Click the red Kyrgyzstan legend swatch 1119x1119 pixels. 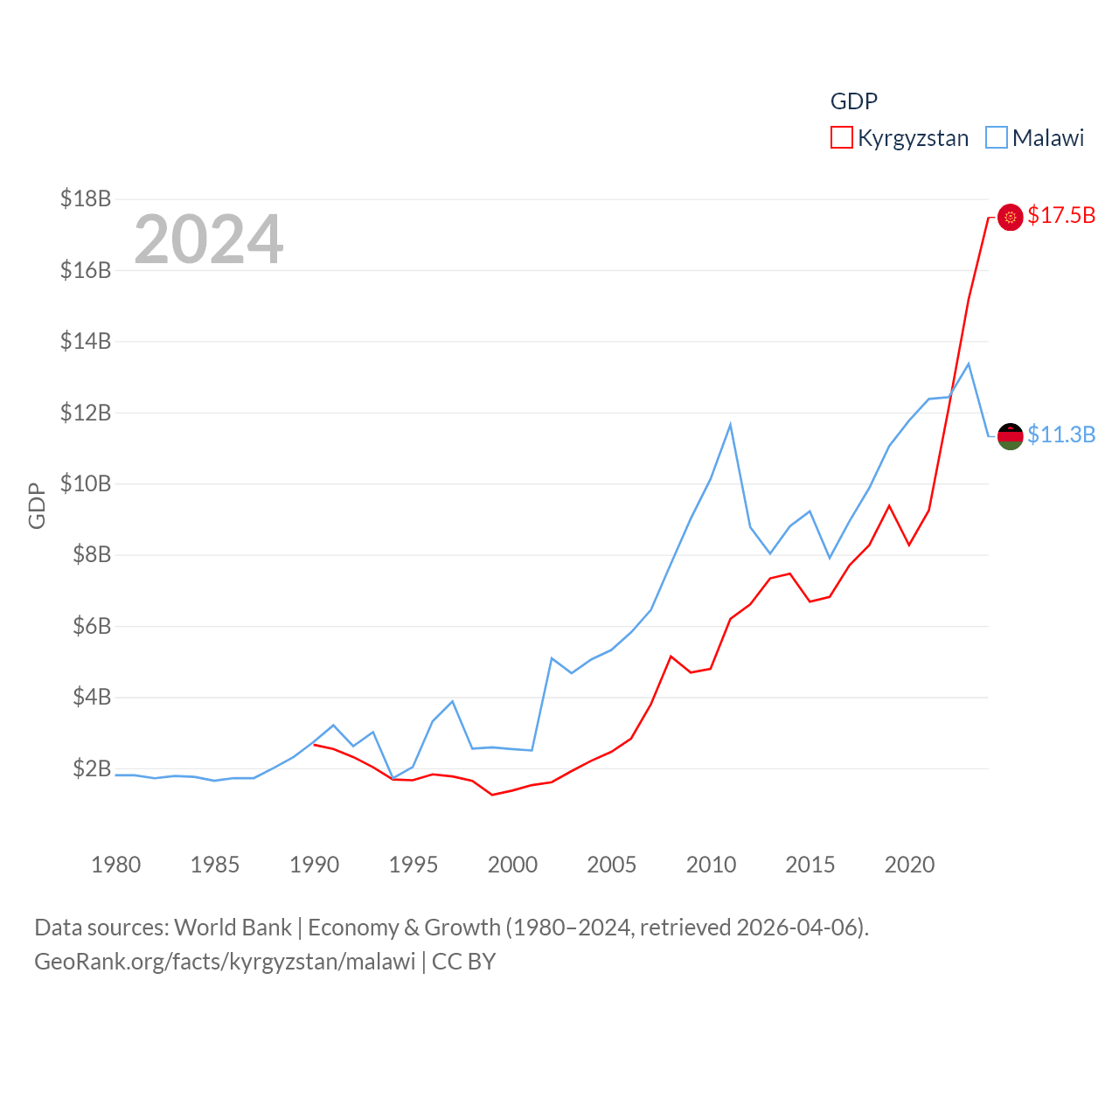click(841, 138)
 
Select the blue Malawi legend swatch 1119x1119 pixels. click(996, 138)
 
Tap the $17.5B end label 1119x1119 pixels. click(1061, 215)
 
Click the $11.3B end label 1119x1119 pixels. click(1061, 434)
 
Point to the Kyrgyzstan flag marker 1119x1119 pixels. click(1010, 217)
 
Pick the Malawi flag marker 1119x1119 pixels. click(1010, 436)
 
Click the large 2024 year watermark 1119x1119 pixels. click(209, 239)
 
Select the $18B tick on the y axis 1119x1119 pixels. click(86, 199)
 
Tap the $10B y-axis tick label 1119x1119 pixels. click(86, 483)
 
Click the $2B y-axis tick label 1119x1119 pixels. click(92, 768)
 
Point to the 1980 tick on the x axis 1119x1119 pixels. click(115, 865)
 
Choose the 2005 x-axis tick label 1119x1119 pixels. click(611, 865)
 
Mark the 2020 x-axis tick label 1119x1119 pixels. click(909, 865)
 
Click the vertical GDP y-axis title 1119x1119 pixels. click(37, 505)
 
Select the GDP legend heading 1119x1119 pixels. click(853, 101)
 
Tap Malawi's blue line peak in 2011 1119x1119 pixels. click(730, 425)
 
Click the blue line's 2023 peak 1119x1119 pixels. click(968, 364)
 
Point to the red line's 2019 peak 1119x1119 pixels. click(889, 506)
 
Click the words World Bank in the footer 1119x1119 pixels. click(233, 927)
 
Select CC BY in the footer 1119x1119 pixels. click(463, 962)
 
